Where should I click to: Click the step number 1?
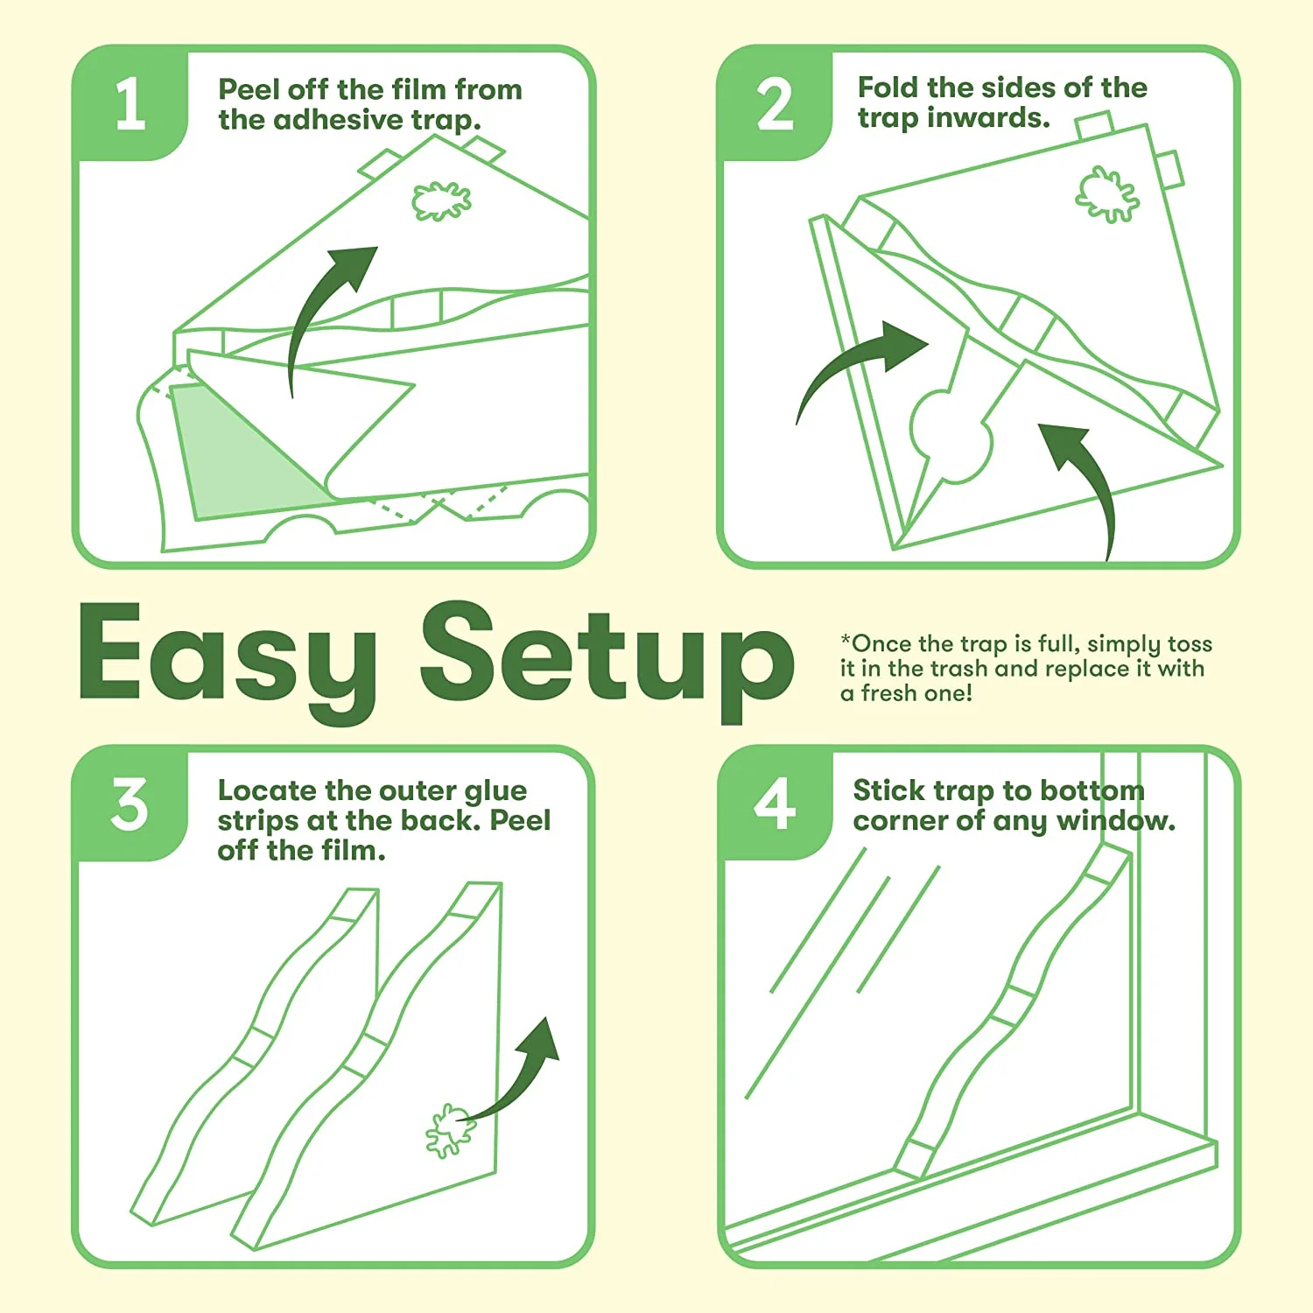131,103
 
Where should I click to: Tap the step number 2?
775,104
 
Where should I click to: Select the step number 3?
130,804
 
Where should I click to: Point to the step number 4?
775,803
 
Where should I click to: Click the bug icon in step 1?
441,201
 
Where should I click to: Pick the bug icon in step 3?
450,1130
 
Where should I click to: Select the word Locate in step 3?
267,790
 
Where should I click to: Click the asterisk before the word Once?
846,640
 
